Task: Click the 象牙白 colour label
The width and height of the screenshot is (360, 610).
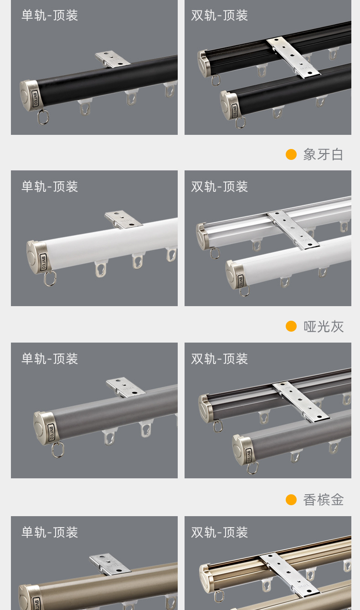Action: point(323,154)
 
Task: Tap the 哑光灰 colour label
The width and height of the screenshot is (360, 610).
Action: point(323,326)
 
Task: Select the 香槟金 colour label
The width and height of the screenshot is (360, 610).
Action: point(323,500)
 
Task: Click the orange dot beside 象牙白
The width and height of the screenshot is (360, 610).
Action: point(291,154)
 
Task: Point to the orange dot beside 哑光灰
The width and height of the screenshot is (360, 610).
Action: point(291,326)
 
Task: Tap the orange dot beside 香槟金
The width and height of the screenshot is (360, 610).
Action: point(291,500)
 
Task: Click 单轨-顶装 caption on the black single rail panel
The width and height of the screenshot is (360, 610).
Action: point(50,15)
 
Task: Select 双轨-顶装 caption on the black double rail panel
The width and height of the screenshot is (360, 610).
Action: point(220,15)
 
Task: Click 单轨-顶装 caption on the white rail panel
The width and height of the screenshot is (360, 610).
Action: point(50,186)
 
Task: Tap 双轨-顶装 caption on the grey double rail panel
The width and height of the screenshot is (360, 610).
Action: point(220,359)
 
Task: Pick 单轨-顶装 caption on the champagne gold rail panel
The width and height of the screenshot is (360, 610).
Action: point(50,532)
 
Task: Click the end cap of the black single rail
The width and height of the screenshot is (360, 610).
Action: point(30,95)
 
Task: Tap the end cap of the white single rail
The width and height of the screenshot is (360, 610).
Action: point(37,257)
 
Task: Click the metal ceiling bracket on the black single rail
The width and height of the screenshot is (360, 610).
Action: point(113,59)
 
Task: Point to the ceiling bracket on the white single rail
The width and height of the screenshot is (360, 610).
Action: point(123,220)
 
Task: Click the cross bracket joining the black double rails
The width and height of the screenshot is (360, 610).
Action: point(294,58)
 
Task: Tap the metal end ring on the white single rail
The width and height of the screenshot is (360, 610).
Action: point(50,278)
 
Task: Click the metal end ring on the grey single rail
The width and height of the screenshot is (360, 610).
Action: point(58,450)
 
